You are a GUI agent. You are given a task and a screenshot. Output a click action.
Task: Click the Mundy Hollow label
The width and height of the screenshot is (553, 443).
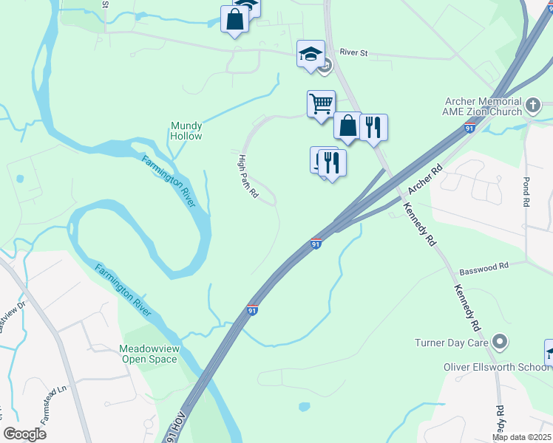tap(186, 131)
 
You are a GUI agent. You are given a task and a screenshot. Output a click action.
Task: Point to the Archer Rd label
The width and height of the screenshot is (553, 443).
tap(424, 179)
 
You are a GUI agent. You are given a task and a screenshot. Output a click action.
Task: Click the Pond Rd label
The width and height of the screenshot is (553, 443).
tap(526, 191)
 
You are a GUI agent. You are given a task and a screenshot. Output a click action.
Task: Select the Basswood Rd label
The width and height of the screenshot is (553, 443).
tap(484, 267)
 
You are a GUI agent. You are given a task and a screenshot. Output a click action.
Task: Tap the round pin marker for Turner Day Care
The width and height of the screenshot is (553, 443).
tap(501, 342)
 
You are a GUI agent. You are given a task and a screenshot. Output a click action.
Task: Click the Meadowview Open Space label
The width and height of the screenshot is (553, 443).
tap(149, 354)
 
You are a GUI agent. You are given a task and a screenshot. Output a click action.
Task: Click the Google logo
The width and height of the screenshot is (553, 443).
tap(24, 434)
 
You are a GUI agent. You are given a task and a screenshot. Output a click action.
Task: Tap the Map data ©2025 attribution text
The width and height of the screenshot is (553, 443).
tap(521, 437)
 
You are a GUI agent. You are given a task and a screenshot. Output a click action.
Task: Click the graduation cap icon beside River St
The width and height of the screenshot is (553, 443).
tap(311, 53)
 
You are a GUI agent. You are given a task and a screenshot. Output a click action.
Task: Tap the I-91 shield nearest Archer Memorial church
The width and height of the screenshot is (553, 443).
tap(469, 128)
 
